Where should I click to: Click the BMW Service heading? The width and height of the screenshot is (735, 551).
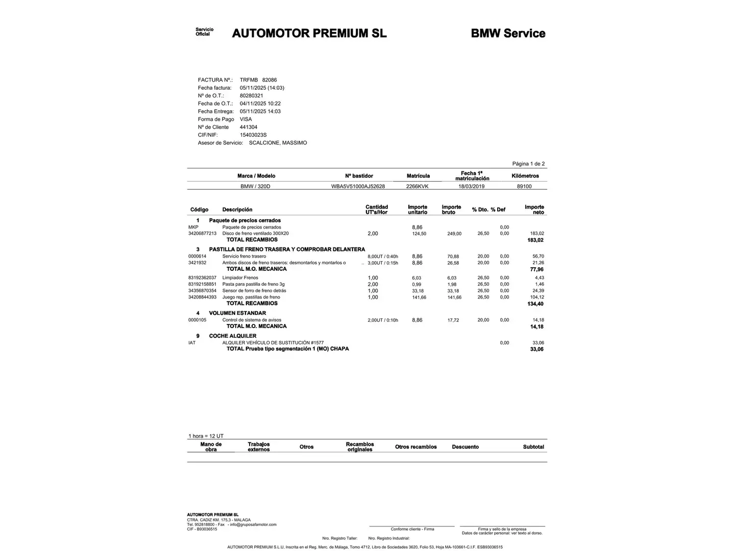[x=508, y=34]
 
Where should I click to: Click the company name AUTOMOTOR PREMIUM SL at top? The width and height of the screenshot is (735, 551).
[x=309, y=34]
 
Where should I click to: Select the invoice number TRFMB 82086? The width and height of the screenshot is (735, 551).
[x=258, y=80]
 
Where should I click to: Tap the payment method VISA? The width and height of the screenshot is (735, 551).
[x=246, y=119]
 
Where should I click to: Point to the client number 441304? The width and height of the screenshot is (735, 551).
[x=249, y=127]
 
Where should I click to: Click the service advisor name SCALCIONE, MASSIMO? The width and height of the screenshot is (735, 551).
[x=278, y=143]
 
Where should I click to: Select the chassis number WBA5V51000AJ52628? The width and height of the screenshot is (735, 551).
[x=358, y=186]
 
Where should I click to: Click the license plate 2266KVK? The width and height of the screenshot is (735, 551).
[x=417, y=186]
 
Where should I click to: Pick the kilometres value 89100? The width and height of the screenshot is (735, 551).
[x=524, y=186]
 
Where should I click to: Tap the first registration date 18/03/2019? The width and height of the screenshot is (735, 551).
[x=471, y=186]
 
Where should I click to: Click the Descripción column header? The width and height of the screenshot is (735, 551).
[x=237, y=210]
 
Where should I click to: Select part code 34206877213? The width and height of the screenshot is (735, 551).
[x=202, y=234]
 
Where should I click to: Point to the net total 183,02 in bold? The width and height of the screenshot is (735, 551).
[x=535, y=240]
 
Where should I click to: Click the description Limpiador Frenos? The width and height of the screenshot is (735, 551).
[x=240, y=278]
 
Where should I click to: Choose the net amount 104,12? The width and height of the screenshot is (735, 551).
[x=537, y=297]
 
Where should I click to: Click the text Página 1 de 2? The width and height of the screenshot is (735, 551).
[x=528, y=164]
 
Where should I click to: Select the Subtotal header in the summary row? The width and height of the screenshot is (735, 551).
[x=533, y=447]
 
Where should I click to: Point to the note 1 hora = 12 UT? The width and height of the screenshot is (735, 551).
[x=206, y=436]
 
